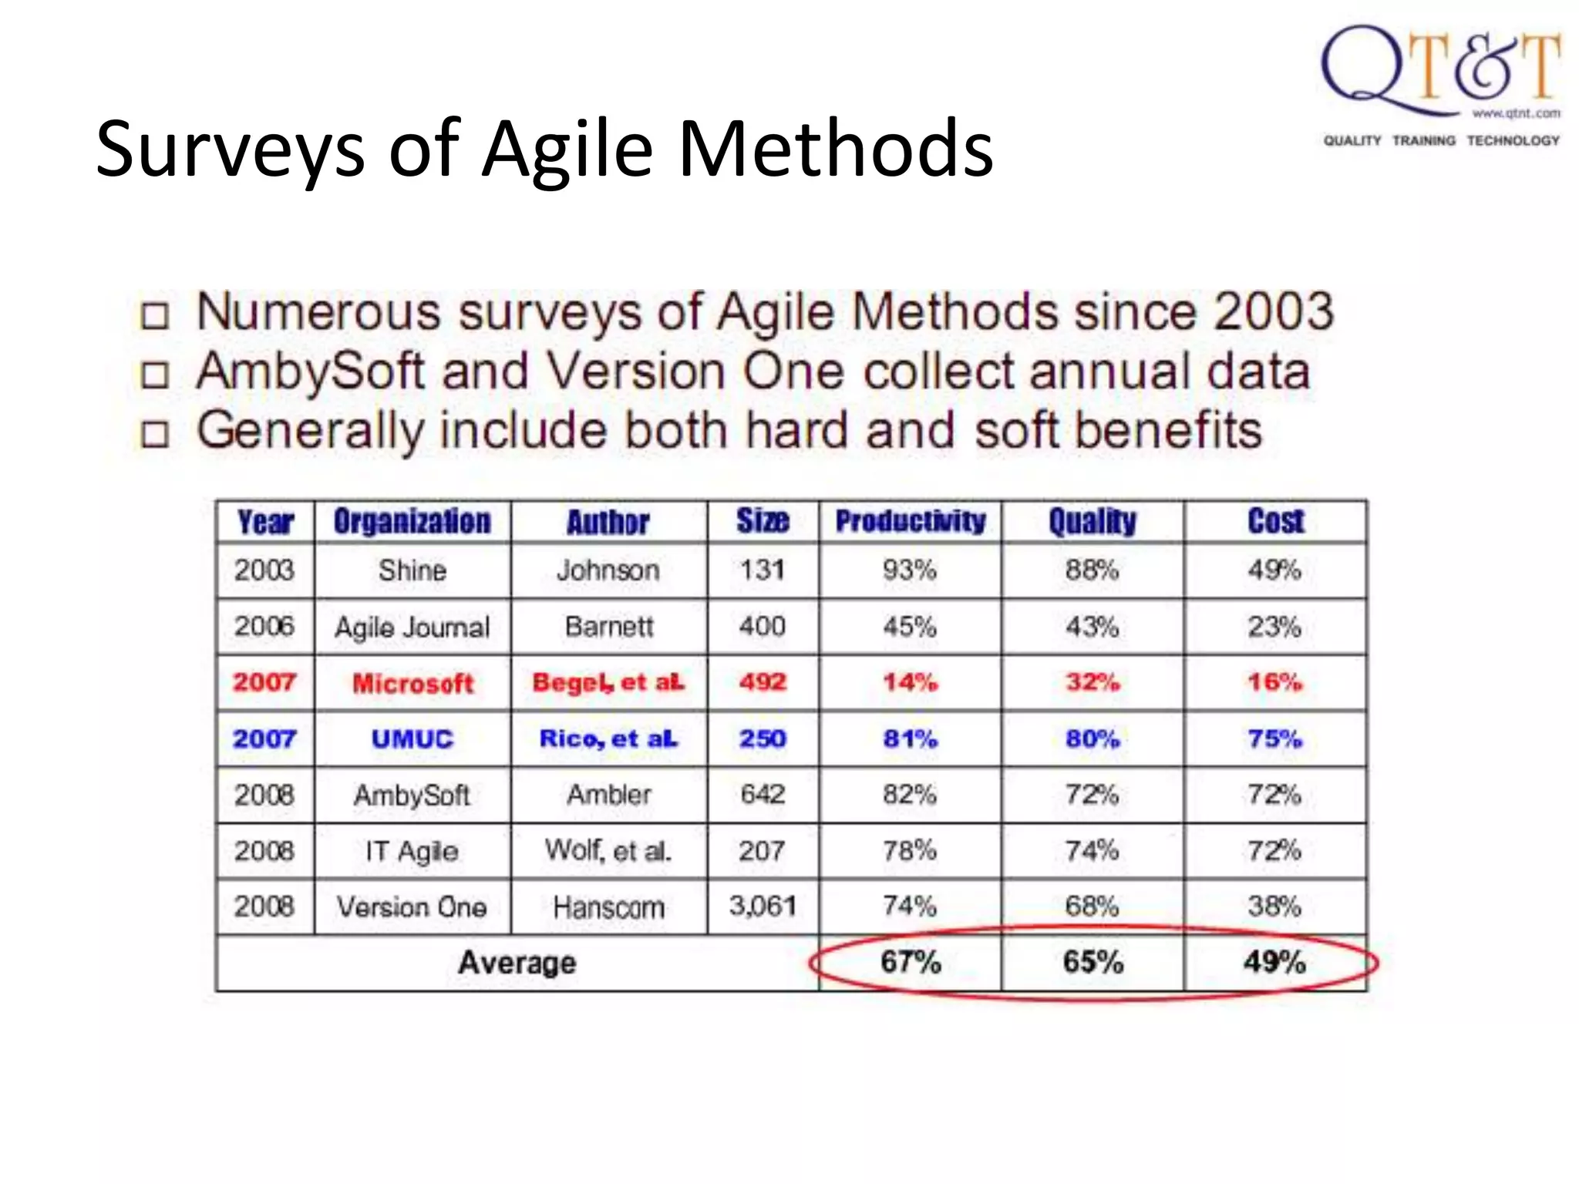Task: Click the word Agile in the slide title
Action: [x=568, y=149]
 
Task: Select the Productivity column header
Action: [x=911, y=522]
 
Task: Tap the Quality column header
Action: [x=1093, y=522]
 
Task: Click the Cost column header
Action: [x=1275, y=522]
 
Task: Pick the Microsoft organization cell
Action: [x=412, y=683]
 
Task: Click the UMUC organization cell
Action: [x=412, y=739]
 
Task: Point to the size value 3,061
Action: [x=763, y=906]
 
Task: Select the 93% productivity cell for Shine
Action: [x=910, y=570]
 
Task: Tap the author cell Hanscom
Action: [x=608, y=907]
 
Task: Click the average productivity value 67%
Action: [x=911, y=962]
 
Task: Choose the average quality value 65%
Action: [x=1093, y=962]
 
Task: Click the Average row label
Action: [x=517, y=963]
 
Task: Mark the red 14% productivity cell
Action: [x=910, y=682]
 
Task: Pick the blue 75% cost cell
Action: [x=1275, y=738]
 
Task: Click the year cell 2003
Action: [x=264, y=570]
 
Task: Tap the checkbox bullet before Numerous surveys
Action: [x=154, y=315]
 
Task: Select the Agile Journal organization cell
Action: [x=412, y=627]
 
